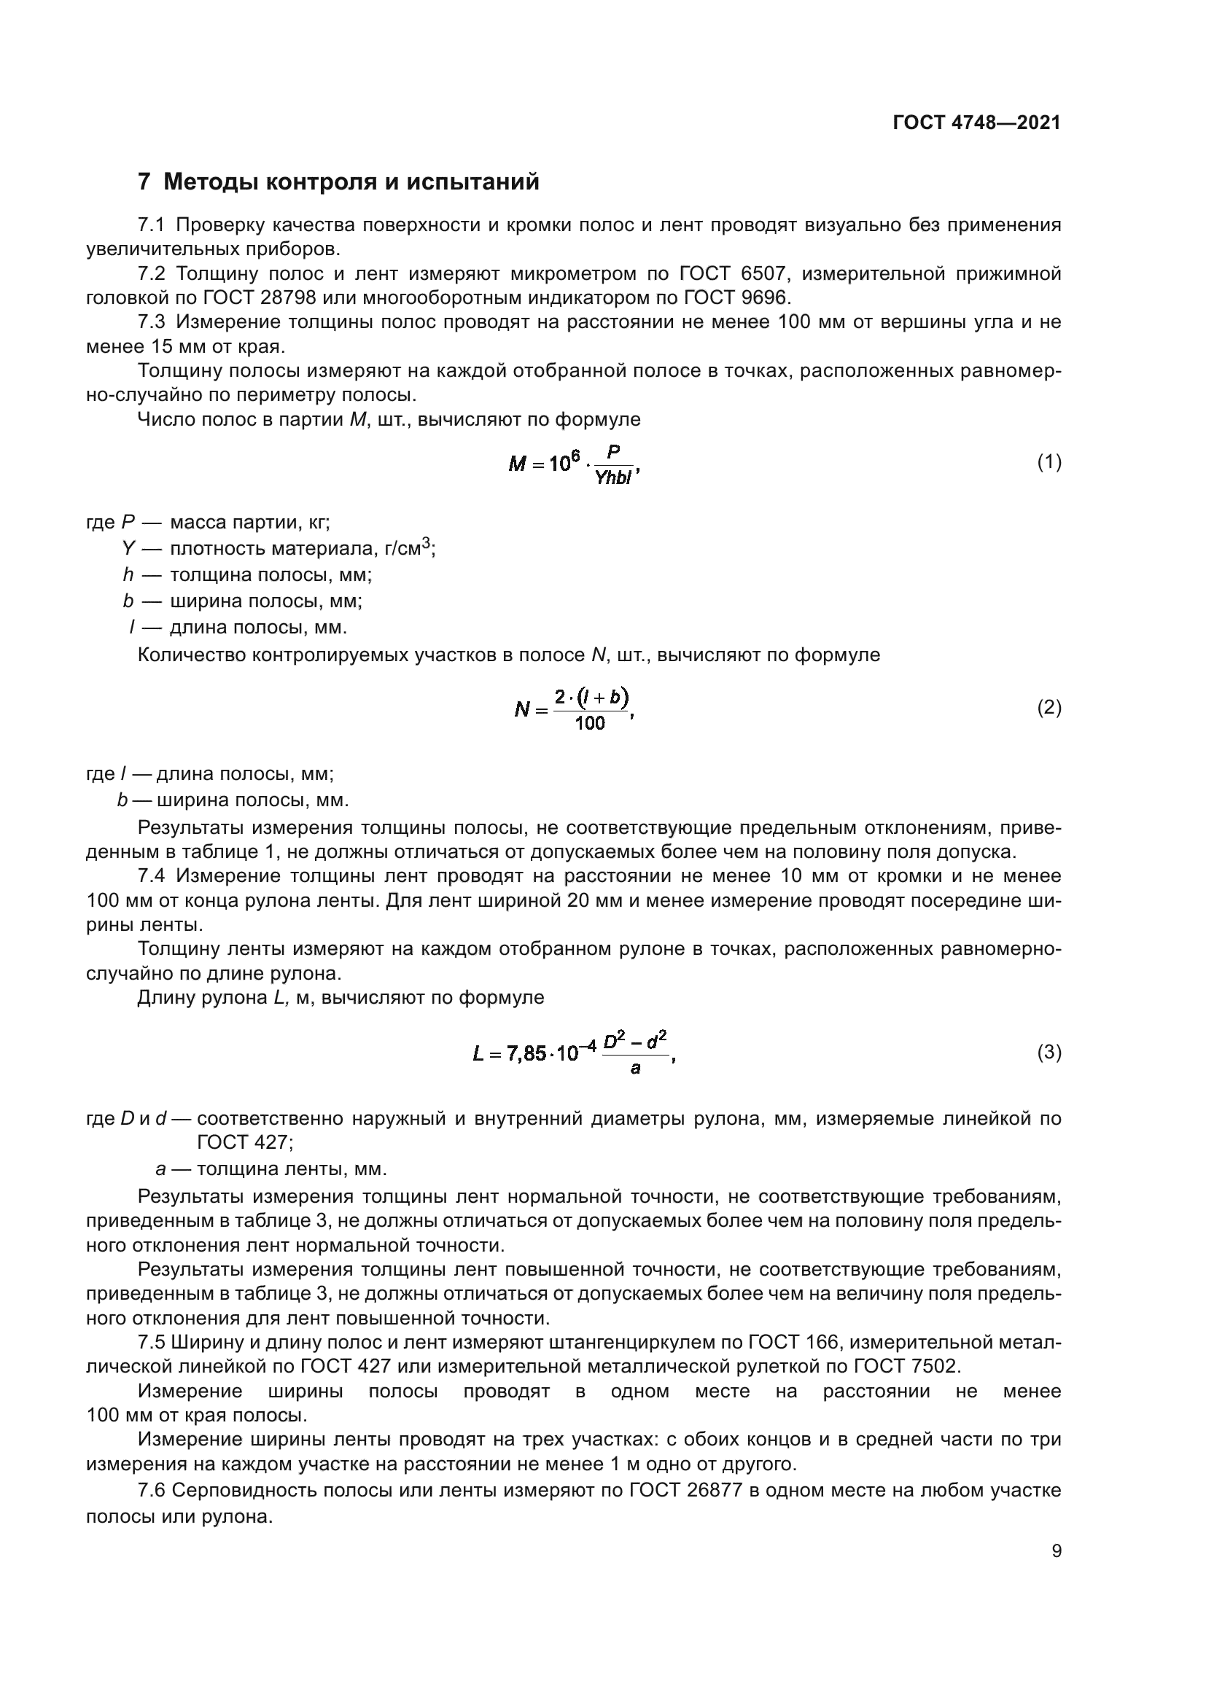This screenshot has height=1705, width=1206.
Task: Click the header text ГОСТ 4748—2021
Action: [976, 123]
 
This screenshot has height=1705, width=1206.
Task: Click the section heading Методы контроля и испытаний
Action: [351, 182]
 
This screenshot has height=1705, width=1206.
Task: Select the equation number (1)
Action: [1049, 463]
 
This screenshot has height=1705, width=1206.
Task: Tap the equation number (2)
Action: [1049, 708]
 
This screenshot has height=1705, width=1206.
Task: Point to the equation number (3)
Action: [1049, 1053]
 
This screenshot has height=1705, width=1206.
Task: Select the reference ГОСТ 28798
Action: [259, 299]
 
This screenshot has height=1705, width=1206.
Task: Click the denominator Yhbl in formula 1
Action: [613, 478]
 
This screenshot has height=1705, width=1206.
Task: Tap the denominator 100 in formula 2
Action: [591, 723]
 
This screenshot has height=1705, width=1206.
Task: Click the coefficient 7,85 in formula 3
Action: [526, 1054]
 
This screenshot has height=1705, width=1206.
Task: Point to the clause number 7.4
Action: [152, 876]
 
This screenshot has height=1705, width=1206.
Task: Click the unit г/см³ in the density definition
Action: [408, 550]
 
